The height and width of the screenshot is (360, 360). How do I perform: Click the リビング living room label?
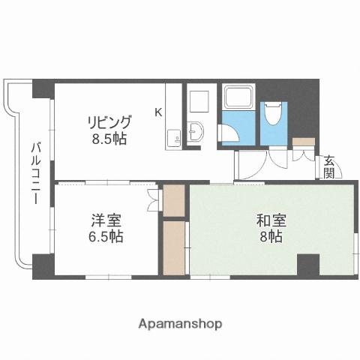(x=109, y=122)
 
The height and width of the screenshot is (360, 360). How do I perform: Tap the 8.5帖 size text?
(x=109, y=139)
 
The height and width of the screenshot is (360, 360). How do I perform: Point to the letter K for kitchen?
(x=157, y=112)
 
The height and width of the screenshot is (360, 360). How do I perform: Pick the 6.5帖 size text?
(x=105, y=236)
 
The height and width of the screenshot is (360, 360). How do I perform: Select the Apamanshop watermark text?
(x=181, y=324)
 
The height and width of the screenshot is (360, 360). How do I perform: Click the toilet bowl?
(x=274, y=113)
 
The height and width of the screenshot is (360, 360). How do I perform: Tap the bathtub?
(x=238, y=98)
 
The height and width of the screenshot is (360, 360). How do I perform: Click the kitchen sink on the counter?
(x=174, y=137)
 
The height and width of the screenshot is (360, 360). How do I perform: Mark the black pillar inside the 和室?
(x=307, y=265)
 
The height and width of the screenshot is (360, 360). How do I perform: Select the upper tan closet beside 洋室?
(x=174, y=199)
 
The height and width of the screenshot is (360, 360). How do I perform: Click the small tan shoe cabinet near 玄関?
(x=304, y=141)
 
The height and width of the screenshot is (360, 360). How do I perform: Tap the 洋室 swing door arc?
(x=153, y=196)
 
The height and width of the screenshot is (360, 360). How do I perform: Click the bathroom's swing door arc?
(x=229, y=133)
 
